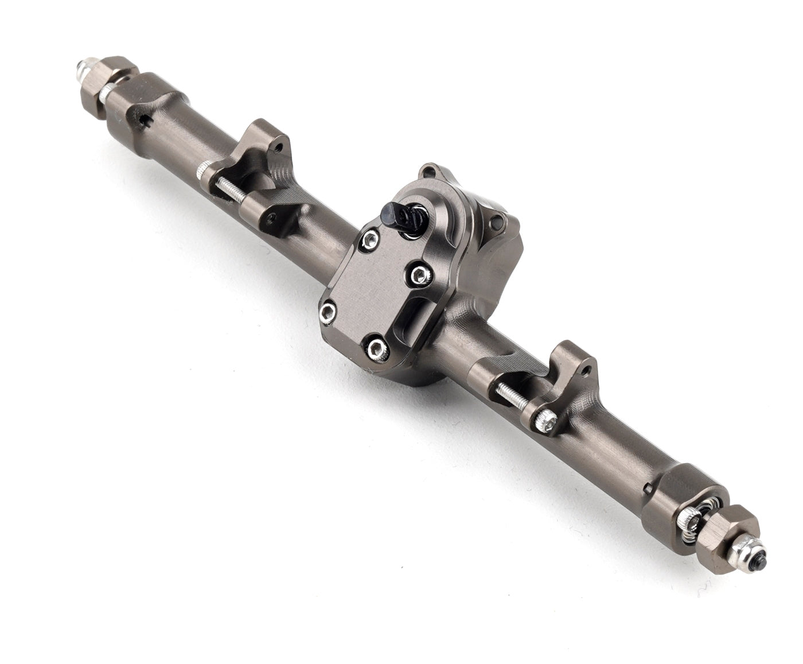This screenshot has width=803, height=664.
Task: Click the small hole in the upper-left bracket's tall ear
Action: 279,148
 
